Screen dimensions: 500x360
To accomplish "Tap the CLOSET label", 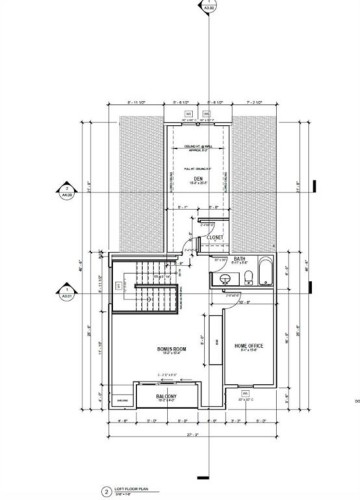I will [x=213, y=239].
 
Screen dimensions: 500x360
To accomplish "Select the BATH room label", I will [x=240, y=258].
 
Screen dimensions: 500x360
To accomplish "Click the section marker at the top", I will [x=209, y=11].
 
